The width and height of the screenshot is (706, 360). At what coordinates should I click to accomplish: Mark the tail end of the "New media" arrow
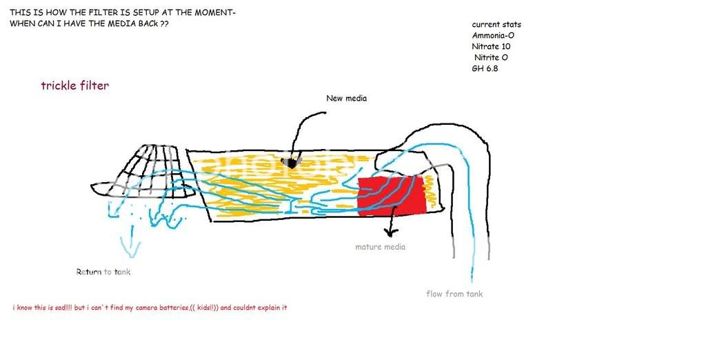pyautogui.click(x=325, y=112)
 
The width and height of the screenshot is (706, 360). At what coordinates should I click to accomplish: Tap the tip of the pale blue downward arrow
pyautogui.click(x=132, y=257)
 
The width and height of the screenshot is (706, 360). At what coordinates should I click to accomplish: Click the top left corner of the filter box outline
pyautogui.click(x=188, y=152)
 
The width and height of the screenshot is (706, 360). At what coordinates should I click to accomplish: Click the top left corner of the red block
pyautogui.click(x=359, y=177)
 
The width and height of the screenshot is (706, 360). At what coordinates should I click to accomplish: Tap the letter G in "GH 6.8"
pyautogui.click(x=476, y=69)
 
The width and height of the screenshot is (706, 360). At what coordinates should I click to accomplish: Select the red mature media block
pyautogui.click(x=392, y=196)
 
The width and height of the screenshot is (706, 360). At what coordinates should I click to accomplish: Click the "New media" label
pyautogui.click(x=346, y=98)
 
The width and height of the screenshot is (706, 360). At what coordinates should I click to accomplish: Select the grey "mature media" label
pyautogui.click(x=380, y=247)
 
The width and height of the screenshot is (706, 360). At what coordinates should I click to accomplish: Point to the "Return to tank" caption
pyautogui.click(x=103, y=272)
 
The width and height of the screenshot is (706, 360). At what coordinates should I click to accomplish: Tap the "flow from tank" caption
pyautogui.click(x=454, y=294)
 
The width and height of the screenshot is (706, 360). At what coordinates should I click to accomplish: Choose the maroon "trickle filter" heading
pyautogui.click(x=74, y=86)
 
